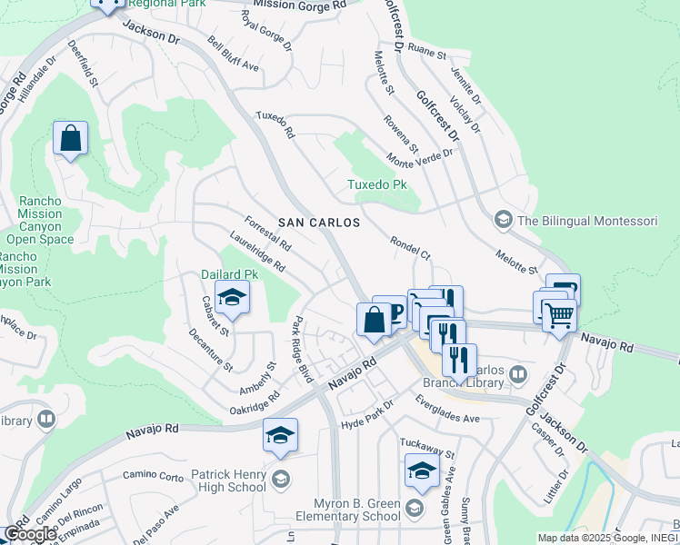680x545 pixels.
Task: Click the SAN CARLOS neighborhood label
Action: pos(319,222)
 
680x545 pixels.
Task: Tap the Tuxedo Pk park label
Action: pos(376,185)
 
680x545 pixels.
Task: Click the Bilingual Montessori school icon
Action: pos(503,220)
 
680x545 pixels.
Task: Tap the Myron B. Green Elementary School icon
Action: pos(415,506)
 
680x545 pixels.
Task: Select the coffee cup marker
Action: pos(391,312)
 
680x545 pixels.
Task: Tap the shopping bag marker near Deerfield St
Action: pos(70,139)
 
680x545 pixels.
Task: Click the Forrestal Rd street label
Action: pos(267,233)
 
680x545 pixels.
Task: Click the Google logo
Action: pos(30,534)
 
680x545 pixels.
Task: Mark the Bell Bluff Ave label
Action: pos(234,55)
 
